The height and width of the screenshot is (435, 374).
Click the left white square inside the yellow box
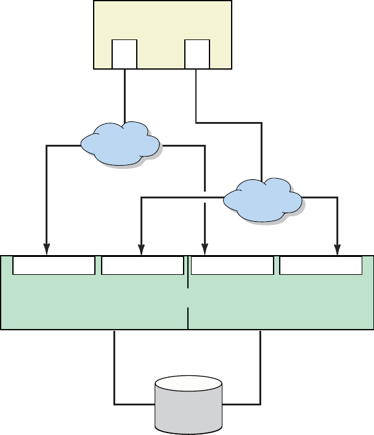(x=124, y=54)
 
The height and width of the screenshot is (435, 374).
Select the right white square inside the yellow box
(x=197, y=54)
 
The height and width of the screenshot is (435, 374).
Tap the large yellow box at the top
(x=163, y=22)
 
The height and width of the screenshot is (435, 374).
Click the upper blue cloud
(x=120, y=143)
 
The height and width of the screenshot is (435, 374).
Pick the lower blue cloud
(x=262, y=200)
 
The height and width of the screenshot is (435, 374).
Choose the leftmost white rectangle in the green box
(x=54, y=266)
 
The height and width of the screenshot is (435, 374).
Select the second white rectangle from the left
(x=142, y=266)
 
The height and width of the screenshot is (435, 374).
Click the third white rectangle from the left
(x=232, y=266)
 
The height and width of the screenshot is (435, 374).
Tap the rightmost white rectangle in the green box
(x=321, y=266)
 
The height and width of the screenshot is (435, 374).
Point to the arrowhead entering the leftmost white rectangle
(x=47, y=249)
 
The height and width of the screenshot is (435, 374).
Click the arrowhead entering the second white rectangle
(x=142, y=249)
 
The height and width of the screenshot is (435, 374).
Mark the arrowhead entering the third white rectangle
(x=205, y=249)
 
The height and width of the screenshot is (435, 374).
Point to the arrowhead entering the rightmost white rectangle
(x=337, y=249)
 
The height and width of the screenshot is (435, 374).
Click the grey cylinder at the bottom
(x=188, y=413)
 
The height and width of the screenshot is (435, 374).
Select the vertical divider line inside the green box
(x=188, y=302)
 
